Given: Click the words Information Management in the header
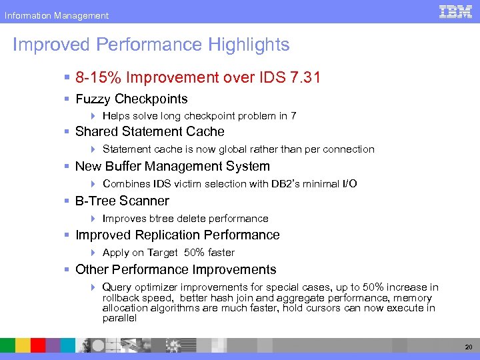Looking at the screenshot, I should pos(56,15).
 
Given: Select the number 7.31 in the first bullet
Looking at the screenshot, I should pos(305,77).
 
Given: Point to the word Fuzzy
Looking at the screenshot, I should pos(93,99).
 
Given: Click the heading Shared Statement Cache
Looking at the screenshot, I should pos(149,132).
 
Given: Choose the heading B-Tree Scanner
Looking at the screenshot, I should pos(122,201).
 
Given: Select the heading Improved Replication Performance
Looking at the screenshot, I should pos(177,235).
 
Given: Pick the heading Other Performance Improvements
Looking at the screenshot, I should pos(175,269).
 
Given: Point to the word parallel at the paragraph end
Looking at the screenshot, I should pos(119,318).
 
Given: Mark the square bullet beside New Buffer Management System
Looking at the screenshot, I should pos(67,167).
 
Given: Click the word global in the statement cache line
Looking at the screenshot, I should pos(227,149).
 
